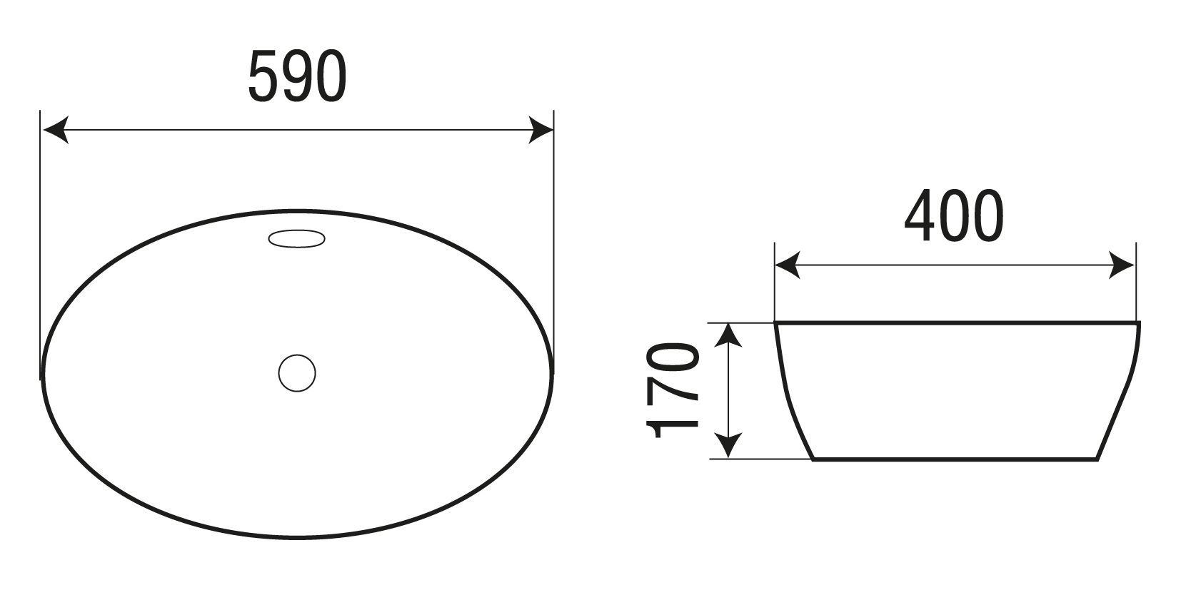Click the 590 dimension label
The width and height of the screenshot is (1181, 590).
pos(297,76)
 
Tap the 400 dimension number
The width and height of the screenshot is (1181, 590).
pos(954,216)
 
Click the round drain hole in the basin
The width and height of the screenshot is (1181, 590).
pos(297,373)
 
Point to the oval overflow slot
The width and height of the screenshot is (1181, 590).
pos(297,238)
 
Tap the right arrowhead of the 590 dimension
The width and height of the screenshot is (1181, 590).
pos(541,130)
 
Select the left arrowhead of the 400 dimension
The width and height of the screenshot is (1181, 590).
pos(788,265)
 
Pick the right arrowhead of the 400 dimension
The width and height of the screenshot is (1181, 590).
pos(1122,265)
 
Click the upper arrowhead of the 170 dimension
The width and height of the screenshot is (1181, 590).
pos(728,335)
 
